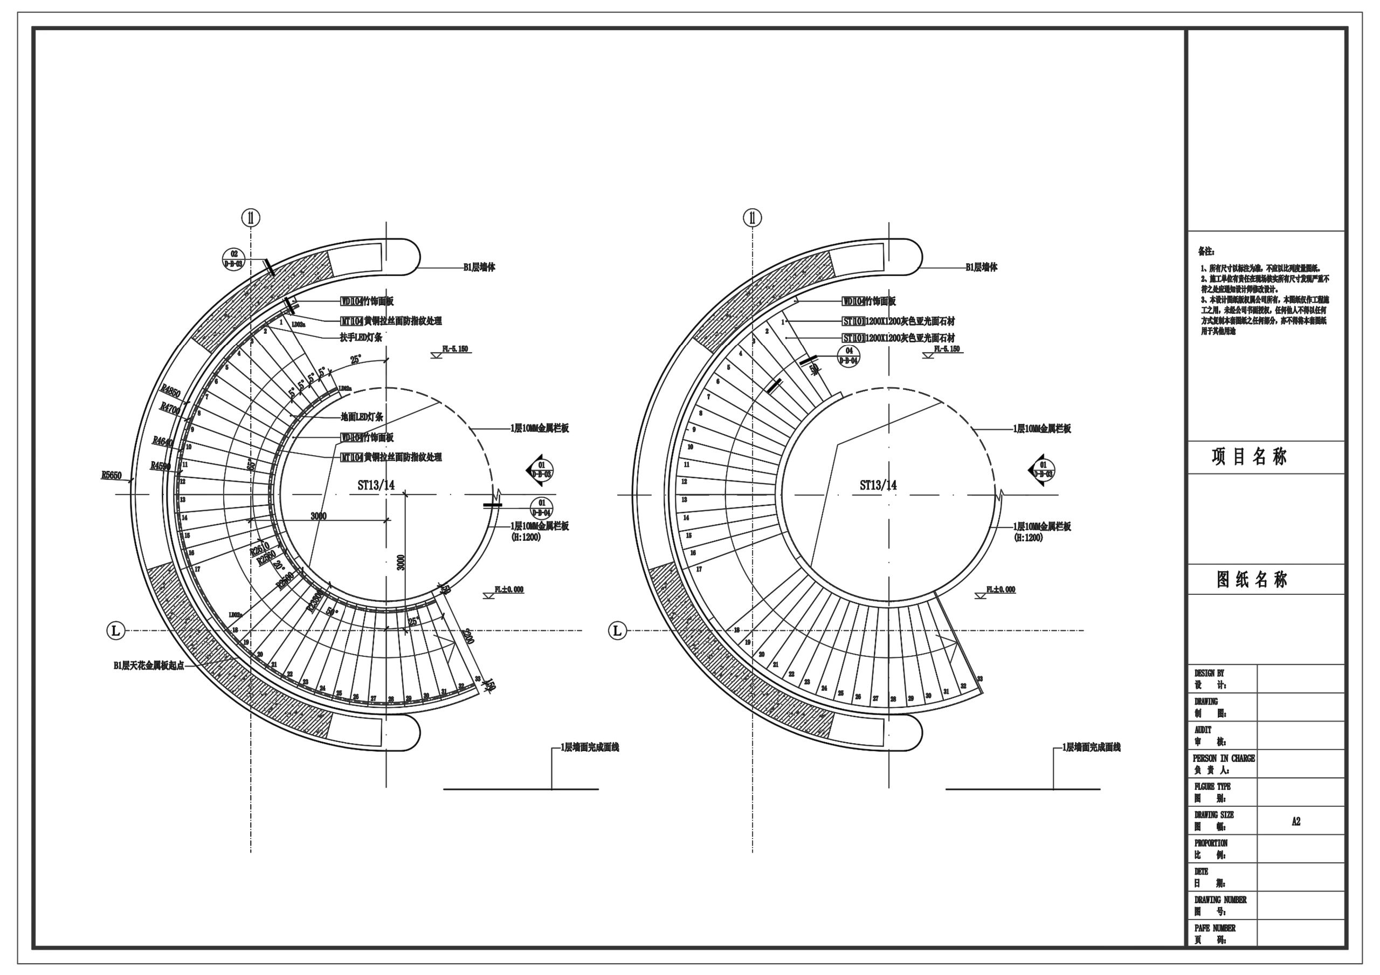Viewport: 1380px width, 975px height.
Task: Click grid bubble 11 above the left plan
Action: point(251,218)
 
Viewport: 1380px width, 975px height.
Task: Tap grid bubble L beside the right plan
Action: point(617,630)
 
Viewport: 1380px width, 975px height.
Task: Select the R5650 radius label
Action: point(111,476)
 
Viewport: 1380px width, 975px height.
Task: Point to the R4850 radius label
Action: point(170,393)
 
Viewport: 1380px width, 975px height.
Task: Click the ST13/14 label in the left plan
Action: point(376,485)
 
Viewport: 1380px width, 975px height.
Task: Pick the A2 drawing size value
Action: point(1296,821)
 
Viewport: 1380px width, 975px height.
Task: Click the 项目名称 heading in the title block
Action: point(1249,457)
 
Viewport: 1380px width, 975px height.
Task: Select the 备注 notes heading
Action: point(1206,251)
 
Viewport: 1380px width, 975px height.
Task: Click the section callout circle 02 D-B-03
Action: point(234,258)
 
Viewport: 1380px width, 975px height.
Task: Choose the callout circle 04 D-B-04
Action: point(848,355)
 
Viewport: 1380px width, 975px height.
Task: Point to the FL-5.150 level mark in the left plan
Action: point(455,349)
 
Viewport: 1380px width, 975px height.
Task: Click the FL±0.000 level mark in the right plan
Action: point(1000,589)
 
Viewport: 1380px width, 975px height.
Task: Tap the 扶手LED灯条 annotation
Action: point(361,338)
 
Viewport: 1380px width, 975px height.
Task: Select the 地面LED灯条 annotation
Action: point(362,416)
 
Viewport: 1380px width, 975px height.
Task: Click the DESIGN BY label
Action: point(1209,673)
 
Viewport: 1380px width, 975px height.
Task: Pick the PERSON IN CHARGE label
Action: point(1224,759)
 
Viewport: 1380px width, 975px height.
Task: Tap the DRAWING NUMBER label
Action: point(1220,900)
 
